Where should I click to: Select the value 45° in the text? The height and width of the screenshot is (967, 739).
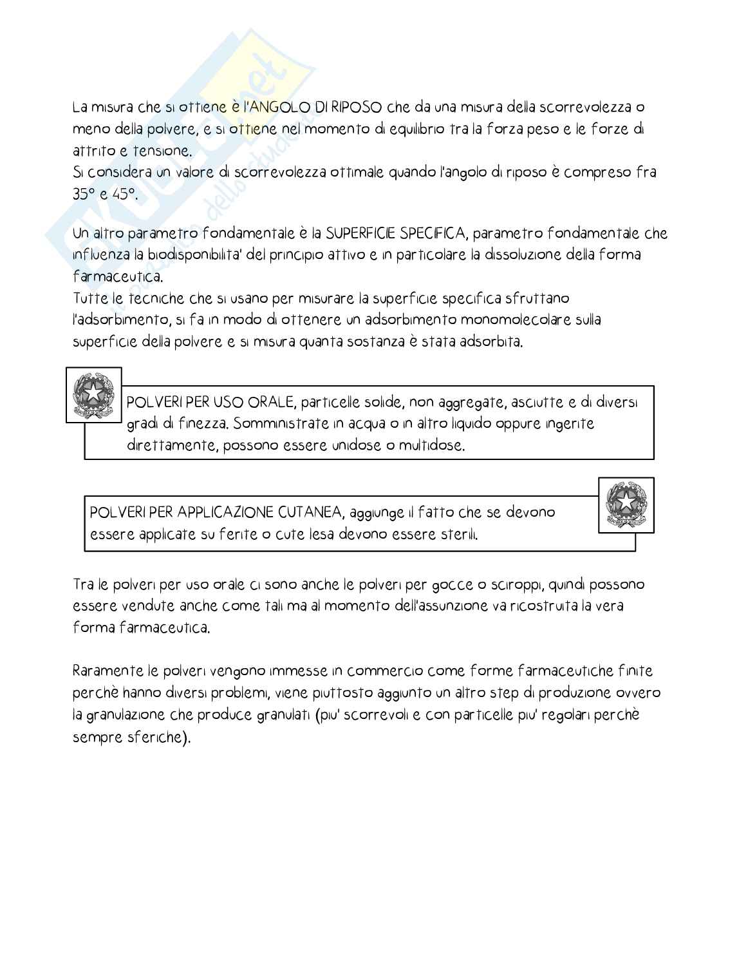pyautogui.click(x=122, y=194)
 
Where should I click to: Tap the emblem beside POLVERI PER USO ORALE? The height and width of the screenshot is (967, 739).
pyautogui.click(x=93, y=395)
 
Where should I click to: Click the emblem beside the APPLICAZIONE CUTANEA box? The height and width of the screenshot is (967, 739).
pyautogui.click(x=626, y=505)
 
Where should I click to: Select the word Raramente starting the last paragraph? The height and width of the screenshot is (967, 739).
pyautogui.click(x=108, y=671)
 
